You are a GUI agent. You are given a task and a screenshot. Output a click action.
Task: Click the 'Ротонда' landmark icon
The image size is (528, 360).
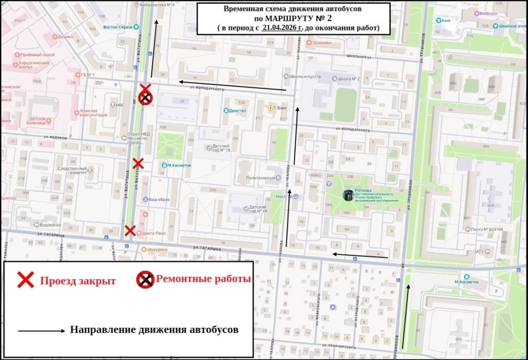348,195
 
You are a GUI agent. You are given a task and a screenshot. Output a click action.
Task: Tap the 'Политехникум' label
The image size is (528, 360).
257,178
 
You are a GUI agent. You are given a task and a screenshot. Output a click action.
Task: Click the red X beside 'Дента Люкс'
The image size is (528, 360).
130,230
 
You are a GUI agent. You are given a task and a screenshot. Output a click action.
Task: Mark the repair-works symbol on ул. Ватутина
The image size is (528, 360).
146,98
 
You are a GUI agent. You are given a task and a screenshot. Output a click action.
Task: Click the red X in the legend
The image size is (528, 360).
25,280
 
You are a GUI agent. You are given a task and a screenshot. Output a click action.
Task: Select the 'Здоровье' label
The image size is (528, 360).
322,42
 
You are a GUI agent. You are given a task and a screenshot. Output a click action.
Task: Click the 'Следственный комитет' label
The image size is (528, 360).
72,170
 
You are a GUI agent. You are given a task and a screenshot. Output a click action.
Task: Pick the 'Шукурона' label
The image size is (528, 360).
157,249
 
